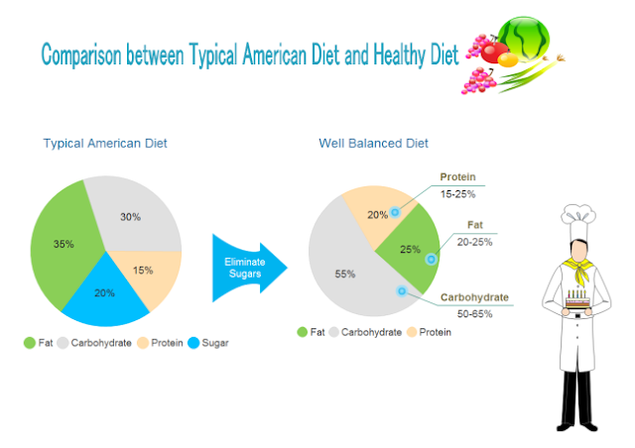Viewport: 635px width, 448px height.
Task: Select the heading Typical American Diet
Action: [x=105, y=144]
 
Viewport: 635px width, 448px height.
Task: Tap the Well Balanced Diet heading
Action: [x=373, y=144]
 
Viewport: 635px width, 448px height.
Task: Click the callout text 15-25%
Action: [x=459, y=193]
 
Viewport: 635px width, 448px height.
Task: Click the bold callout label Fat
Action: [x=475, y=226]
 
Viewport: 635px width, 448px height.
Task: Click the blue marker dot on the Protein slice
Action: [x=395, y=212]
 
